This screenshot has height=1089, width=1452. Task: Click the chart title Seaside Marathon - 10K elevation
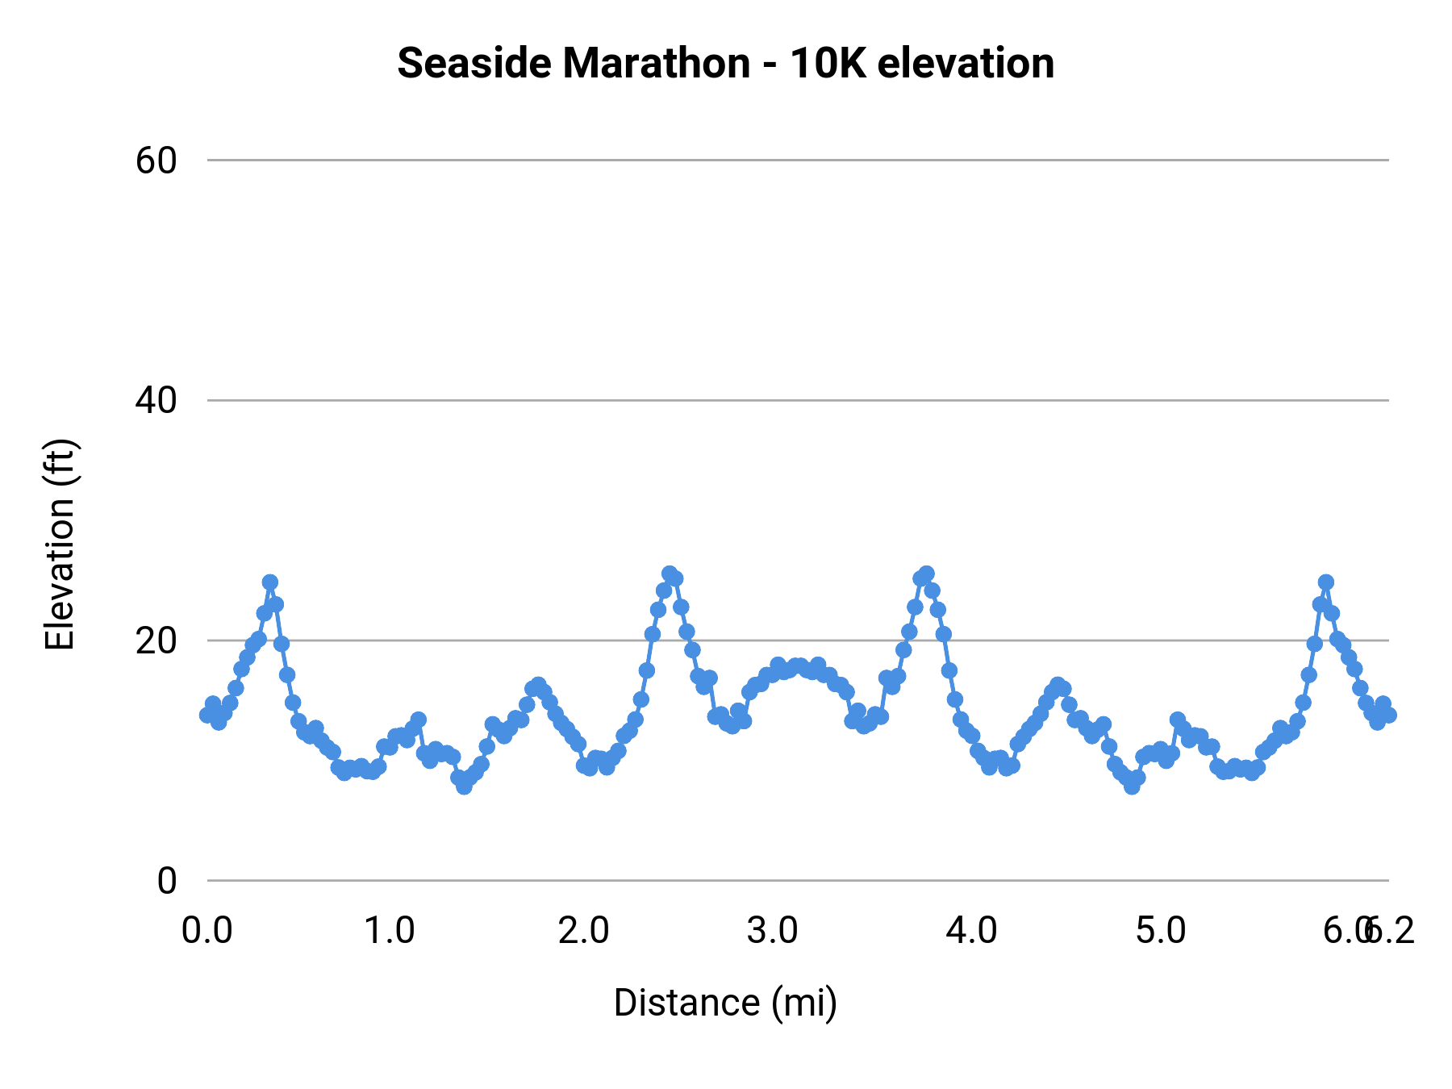(x=725, y=63)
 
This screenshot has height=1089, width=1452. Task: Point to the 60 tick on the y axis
(x=156, y=161)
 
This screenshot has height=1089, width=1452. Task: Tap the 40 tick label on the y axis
(x=156, y=400)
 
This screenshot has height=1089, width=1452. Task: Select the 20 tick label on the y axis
(x=156, y=640)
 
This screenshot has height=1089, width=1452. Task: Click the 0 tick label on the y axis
(x=166, y=881)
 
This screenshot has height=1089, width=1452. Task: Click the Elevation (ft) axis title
(x=60, y=544)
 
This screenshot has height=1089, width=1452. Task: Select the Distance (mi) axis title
(x=725, y=1003)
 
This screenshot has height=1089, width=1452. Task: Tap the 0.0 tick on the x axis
(x=207, y=931)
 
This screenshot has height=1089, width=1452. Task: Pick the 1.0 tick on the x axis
(x=390, y=931)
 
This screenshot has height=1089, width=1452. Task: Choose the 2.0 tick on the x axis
(x=583, y=931)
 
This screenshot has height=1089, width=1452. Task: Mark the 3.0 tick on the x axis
(x=772, y=931)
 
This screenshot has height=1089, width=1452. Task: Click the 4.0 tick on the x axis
(x=971, y=931)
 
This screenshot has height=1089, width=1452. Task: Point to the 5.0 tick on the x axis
(x=1161, y=931)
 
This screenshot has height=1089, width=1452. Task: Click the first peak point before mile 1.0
(x=270, y=582)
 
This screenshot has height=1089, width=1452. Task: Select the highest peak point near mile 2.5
(x=670, y=574)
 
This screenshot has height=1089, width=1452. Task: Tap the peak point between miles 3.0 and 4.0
(x=926, y=574)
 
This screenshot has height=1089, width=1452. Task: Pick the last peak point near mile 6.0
(x=1326, y=582)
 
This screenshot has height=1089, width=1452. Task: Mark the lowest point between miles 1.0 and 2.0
(x=464, y=786)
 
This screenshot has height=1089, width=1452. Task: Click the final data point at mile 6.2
(x=1388, y=715)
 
